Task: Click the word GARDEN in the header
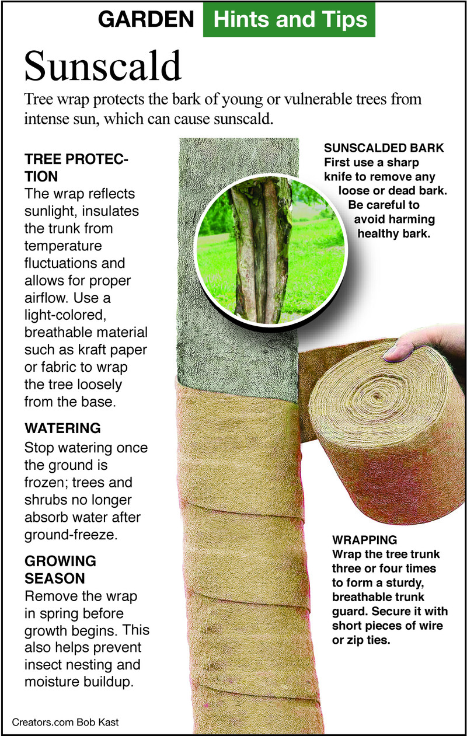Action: pos(146,19)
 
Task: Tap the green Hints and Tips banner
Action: pos(289,19)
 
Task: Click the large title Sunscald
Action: pos(103,66)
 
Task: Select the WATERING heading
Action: pos(62,428)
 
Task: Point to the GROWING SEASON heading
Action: pos(61,570)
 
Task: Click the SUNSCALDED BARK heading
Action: pos(384,148)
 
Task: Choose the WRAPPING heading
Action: pos(364,540)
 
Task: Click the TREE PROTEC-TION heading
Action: pos(76,168)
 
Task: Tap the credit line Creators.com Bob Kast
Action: pos(65,722)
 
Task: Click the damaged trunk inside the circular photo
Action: pos(260,250)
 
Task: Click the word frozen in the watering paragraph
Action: pos(46,483)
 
